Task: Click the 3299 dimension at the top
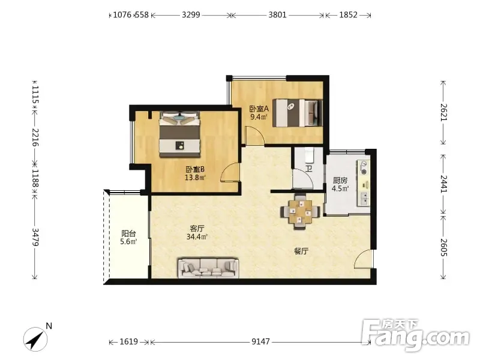[191, 14]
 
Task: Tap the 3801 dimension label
[277, 14]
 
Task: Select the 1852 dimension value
[349, 14]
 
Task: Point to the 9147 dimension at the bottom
[260, 341]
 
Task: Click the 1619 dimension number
[128, 341]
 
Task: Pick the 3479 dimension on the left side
[35, 237]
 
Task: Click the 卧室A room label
[259, 109]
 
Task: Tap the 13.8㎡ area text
[195, 178]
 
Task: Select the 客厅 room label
[197, 229]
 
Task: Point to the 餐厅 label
[301, 251]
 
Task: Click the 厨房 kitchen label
[340, 181]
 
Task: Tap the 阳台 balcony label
[128, 234]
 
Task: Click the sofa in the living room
[208, 268]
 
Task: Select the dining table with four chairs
[301, 211]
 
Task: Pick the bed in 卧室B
[179, 134]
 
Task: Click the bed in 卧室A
[298, 112]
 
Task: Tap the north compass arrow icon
[35, 339]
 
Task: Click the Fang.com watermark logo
[416, 336]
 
